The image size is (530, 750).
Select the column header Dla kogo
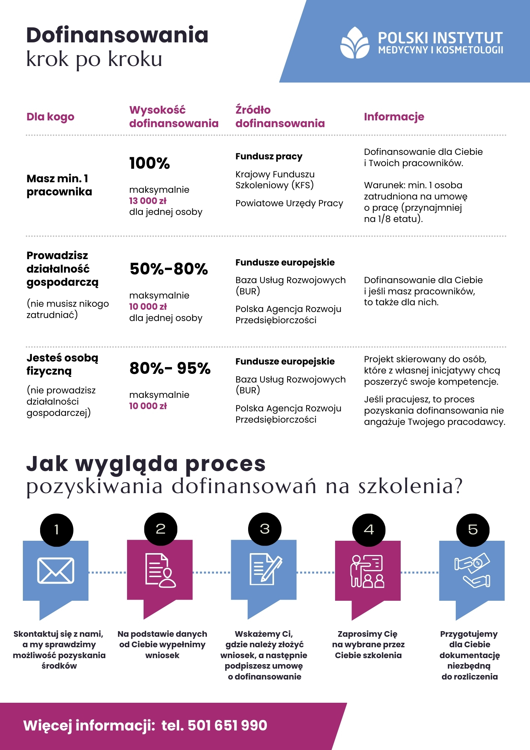click(50, 117)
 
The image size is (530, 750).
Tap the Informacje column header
click(394, 117)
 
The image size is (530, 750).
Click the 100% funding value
click(150, 163)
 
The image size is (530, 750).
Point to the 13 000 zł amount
click(148, 201)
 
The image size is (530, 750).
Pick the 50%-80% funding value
click(169, 269)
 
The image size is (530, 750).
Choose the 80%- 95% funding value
click(170, 368)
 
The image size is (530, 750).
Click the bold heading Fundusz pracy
click(269, 156)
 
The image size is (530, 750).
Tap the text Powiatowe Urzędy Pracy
click(289, 203)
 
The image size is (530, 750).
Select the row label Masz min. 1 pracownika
click(59, 185)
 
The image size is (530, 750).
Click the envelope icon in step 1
click(56, 571)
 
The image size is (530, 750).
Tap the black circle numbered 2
click(161, 529)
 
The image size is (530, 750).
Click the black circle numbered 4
click(369, 529)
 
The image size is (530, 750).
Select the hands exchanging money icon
click(472, 570)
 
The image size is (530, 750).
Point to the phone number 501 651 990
click(227, 726)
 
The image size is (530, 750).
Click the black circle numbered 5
click(473, 529)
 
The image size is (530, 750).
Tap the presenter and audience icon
click(367, 571)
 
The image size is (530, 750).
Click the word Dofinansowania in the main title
click(117, 35)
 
